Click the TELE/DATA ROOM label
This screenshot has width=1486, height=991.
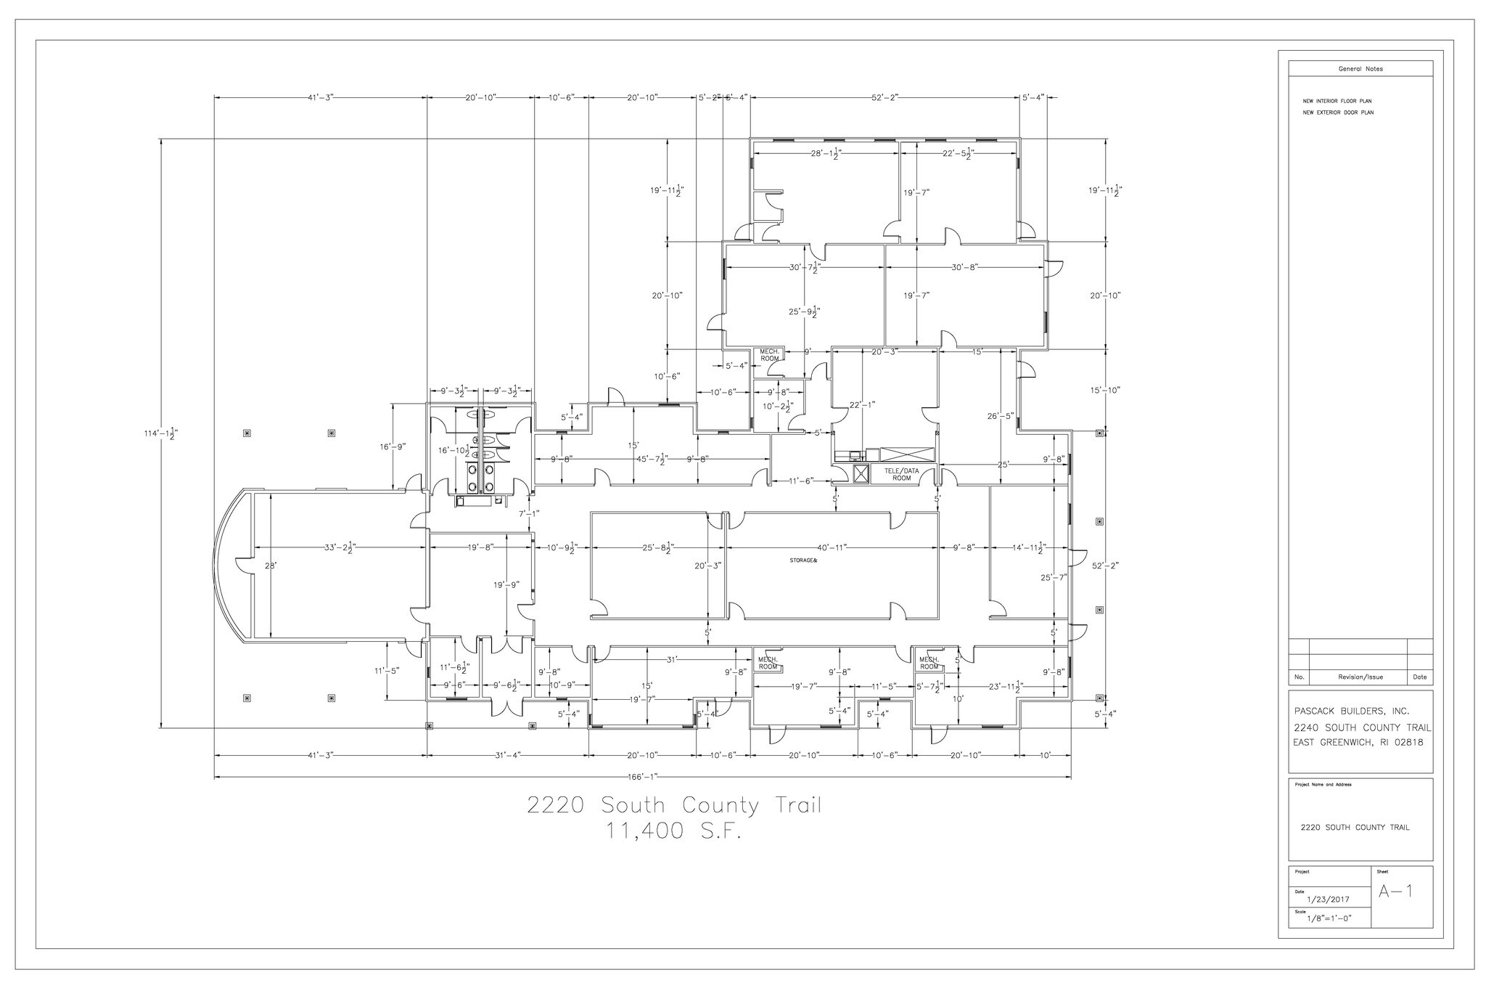coord(901,474)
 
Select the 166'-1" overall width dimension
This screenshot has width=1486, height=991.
coord(642,777)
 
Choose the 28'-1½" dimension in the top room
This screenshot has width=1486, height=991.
coord(825,154)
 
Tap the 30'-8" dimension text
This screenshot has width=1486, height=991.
coord(964,267)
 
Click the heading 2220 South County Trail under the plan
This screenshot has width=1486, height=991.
coord(674,806)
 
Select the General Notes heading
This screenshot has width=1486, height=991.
coord(1360,69)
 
